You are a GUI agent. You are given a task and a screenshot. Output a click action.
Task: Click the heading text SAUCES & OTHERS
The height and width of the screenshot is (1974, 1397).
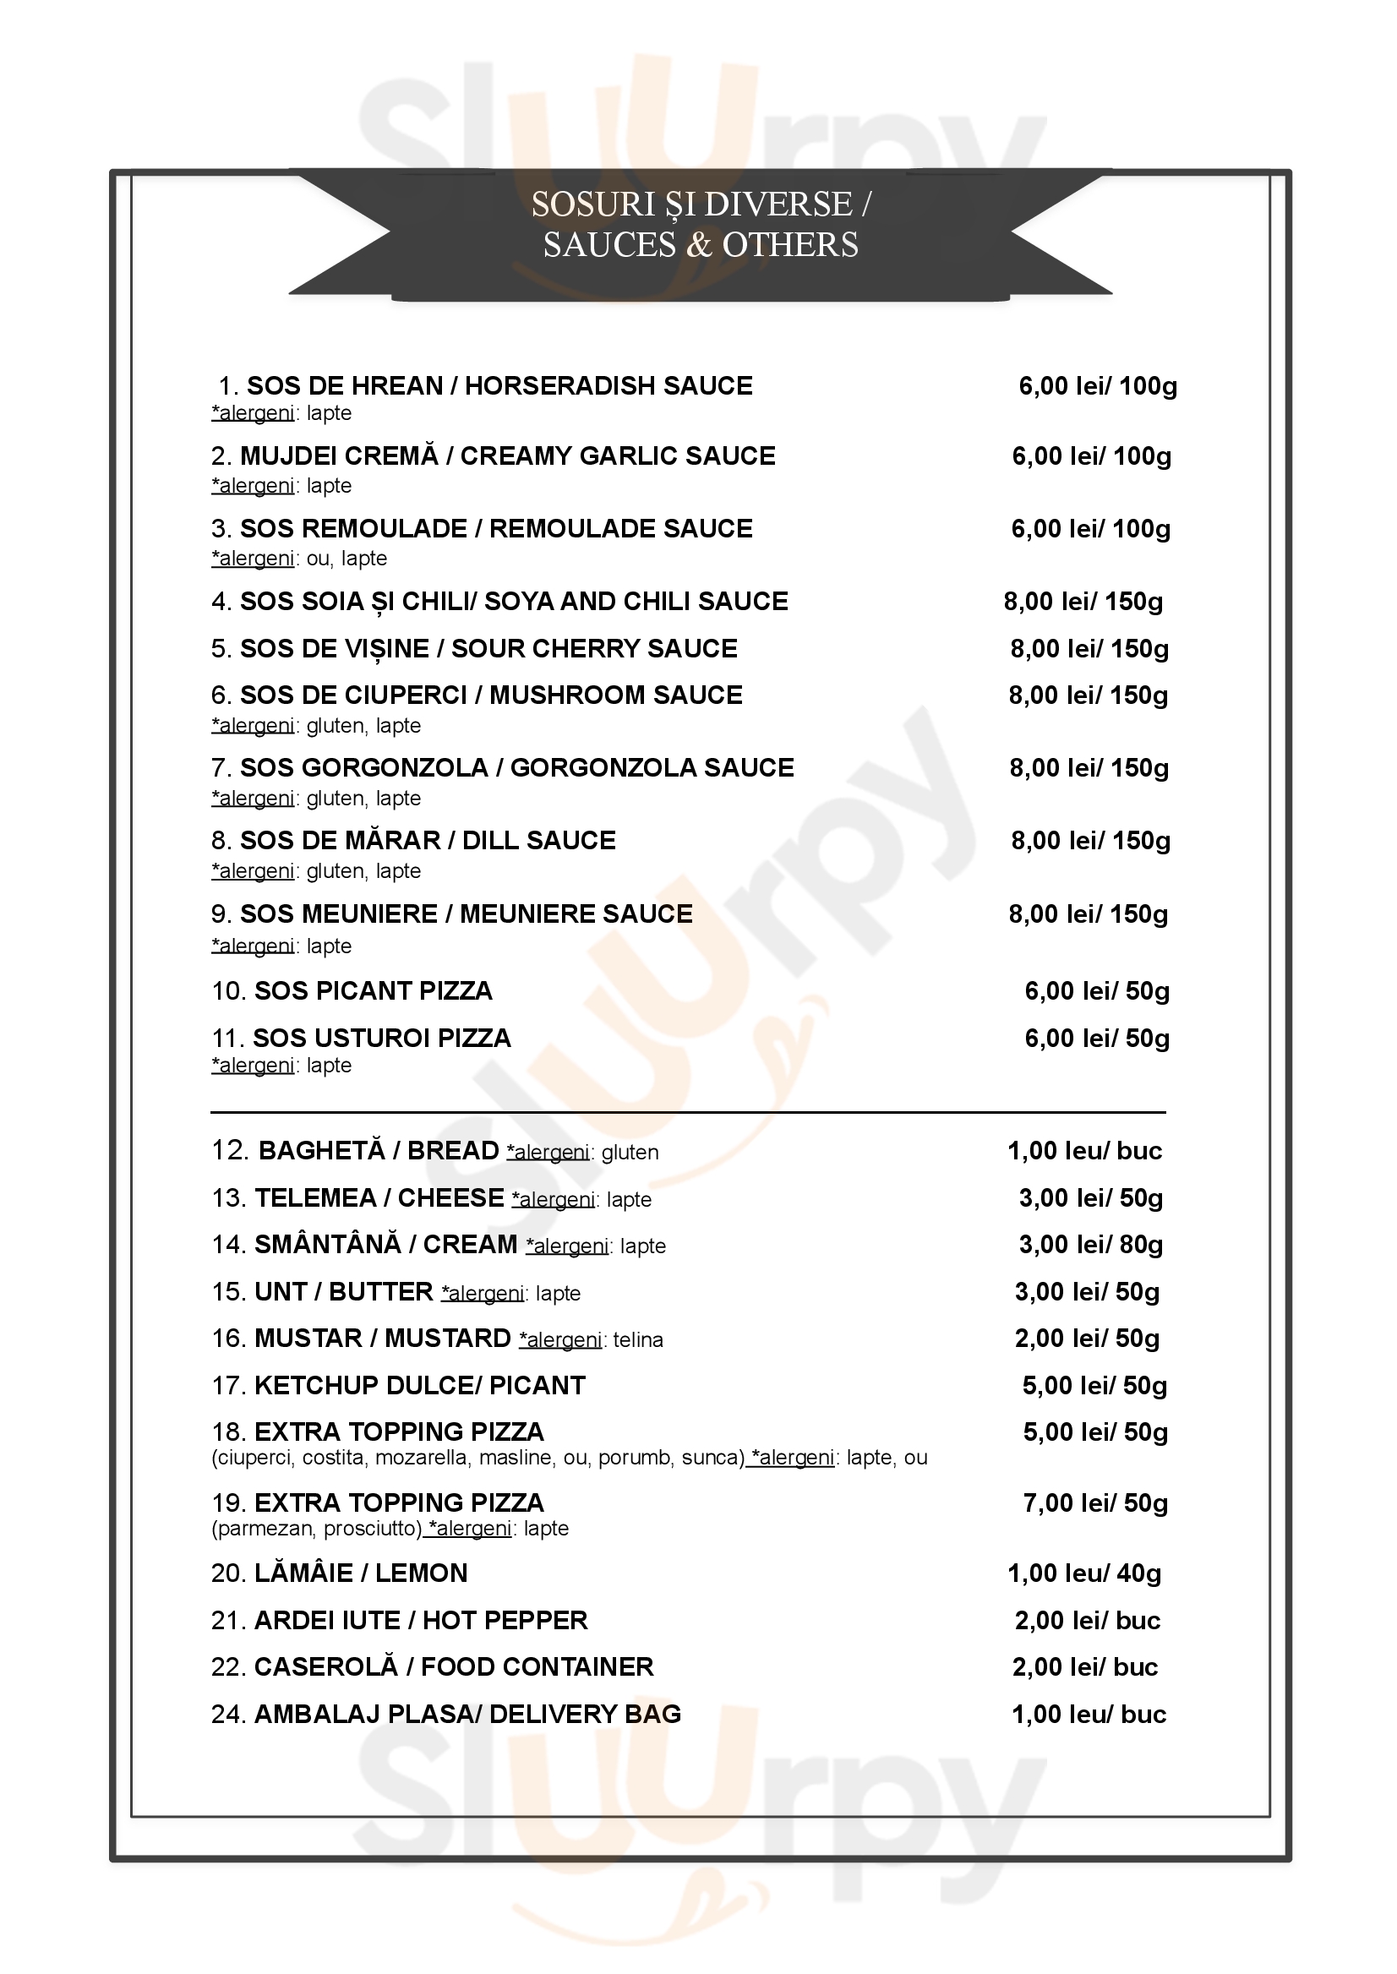click(x=701, y=245)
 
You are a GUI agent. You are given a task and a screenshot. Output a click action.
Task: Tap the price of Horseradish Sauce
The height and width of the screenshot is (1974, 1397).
click(x=1097, y=386)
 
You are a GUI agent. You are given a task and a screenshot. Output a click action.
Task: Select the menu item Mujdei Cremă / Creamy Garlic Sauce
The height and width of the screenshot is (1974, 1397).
click(x=507, y=455)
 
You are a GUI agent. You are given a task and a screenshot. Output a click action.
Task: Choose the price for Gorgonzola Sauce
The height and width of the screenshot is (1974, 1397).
click(x=1089, y=768)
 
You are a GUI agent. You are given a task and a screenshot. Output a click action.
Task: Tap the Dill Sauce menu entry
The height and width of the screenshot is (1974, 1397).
click(x=428, y=840)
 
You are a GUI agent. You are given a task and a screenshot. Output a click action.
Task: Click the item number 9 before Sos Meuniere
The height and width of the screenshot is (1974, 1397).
click(x=220, y=914)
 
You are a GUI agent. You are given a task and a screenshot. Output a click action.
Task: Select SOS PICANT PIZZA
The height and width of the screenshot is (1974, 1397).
click(x=373, y=991)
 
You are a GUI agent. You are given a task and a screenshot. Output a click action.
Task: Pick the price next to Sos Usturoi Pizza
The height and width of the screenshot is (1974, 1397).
click(x=1097, y=1039)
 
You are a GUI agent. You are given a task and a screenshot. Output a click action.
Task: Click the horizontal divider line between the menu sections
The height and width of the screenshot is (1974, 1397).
click(x=688, y=1112)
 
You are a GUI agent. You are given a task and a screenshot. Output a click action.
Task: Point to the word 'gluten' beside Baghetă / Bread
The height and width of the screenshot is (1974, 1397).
click(x=630, y=1153)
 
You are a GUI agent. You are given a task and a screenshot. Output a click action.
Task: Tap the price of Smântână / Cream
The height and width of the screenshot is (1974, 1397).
click(x=1090, y=1245)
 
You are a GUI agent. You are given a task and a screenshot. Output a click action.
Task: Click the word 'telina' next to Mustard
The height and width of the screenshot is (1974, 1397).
click(x=637, y=1340)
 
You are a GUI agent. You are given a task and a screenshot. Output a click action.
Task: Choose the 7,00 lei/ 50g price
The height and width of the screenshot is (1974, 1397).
click(x=1094, y=1503)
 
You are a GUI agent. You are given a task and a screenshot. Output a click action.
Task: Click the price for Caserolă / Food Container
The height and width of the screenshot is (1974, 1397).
click(x=1085, y=1667)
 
